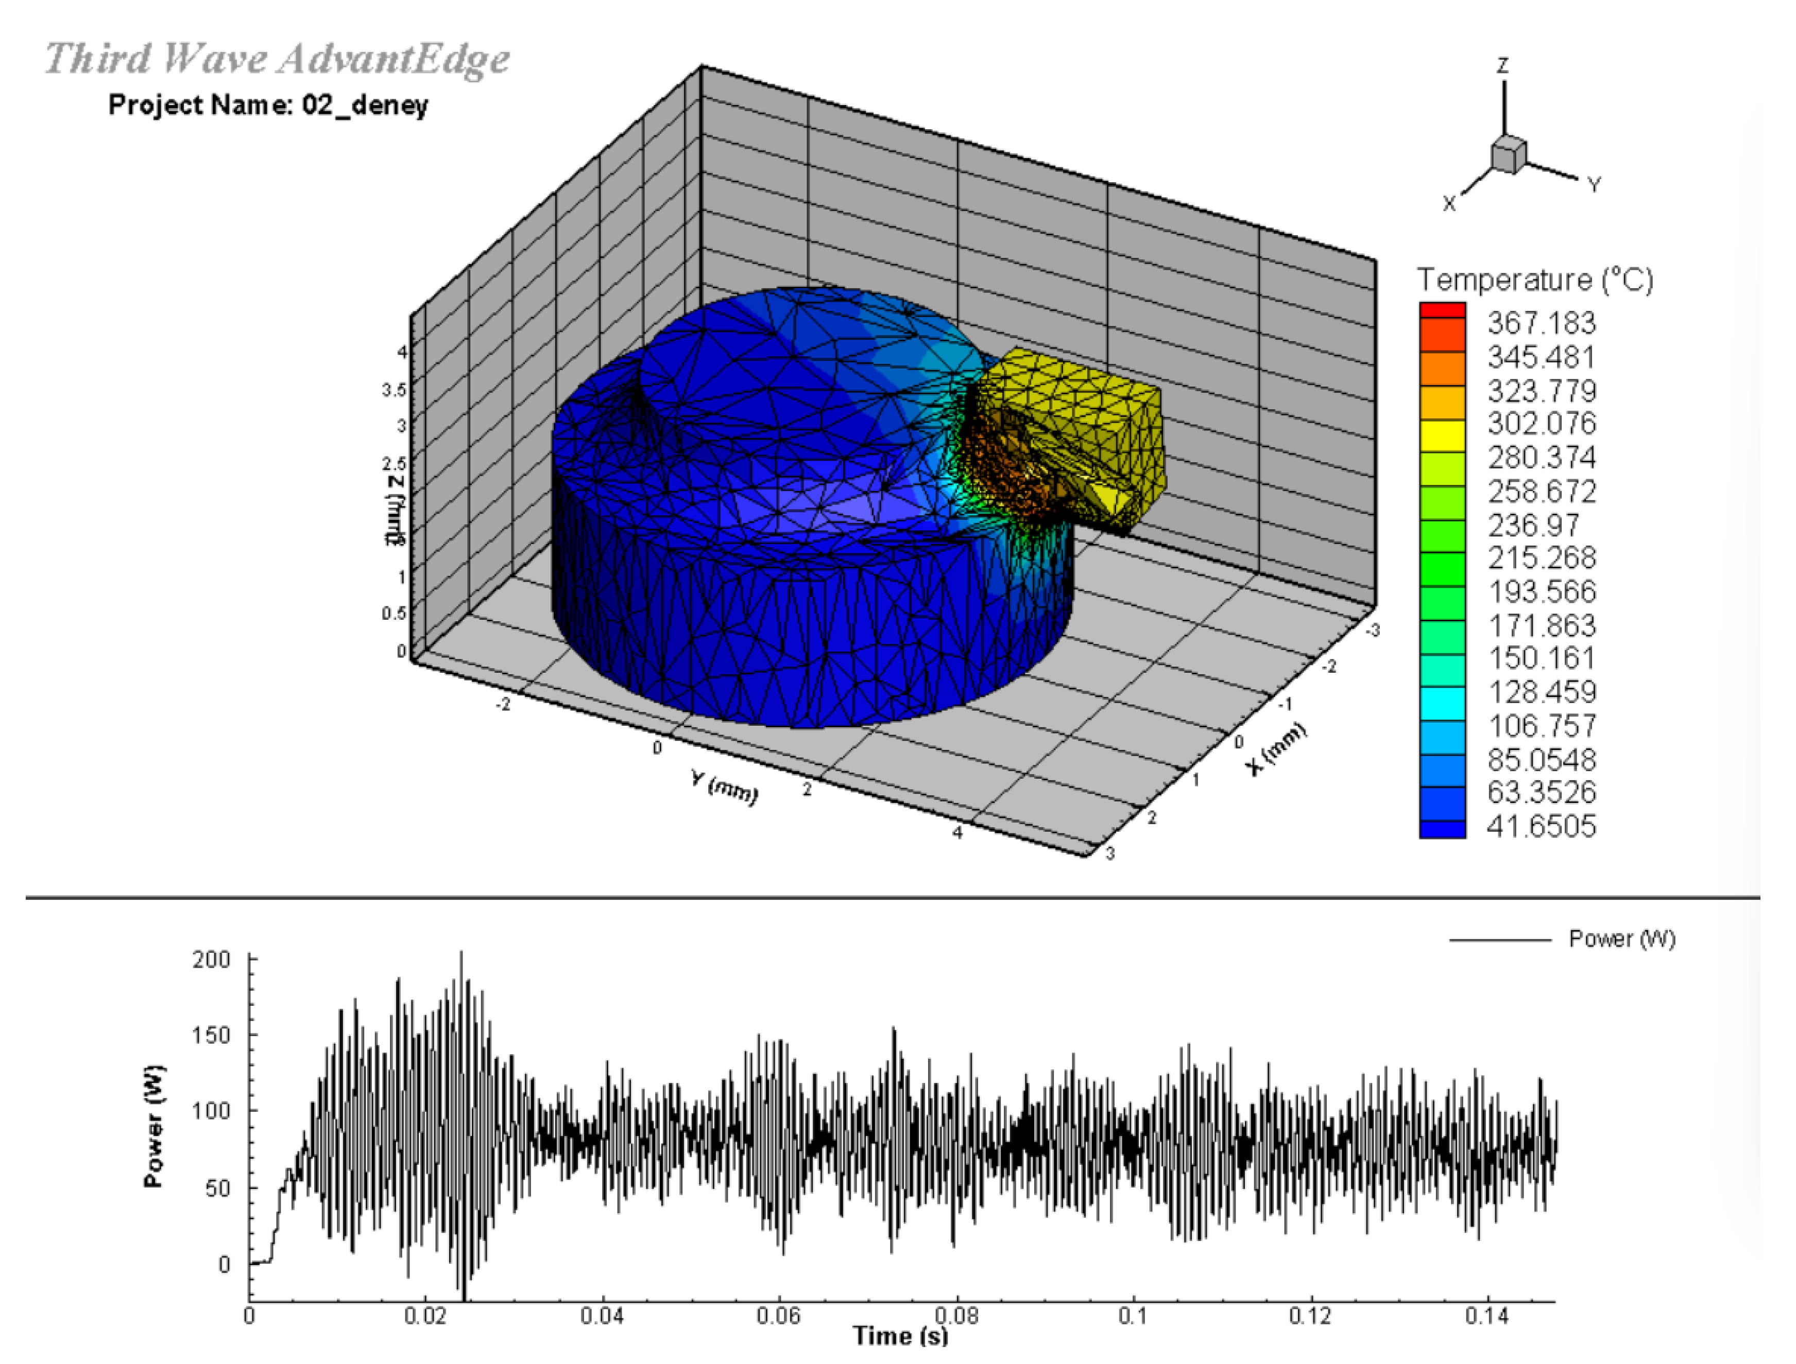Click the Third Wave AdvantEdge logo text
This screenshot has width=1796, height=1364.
(276, 59)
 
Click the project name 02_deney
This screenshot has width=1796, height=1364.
(268, 104)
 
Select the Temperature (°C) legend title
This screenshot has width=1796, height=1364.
(1534, 280)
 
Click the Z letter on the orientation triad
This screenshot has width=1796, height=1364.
(1503, 65)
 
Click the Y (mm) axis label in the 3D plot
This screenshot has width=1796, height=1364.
(725, 788)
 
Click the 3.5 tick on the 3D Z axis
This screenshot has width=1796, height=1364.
(394, 390)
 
